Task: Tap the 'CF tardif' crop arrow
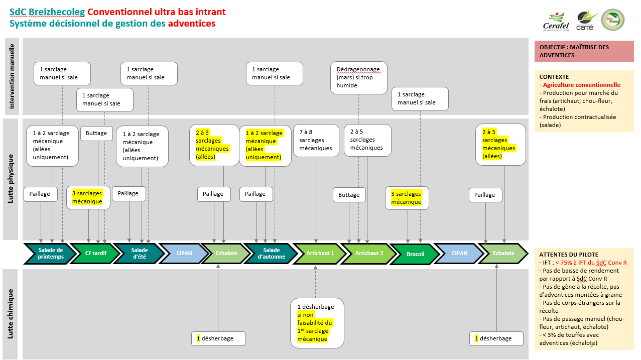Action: pyautogui.click(x=95, y=254)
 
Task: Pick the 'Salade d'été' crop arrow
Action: pyautogui.click(x=139, y=254)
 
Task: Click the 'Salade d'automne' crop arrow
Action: pyautogui.click(x=271, y=254)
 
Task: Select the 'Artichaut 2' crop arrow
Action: pyautogui.click(x=369, y=254)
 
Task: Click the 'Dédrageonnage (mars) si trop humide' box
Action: pyautogui.click(x=358, y=77)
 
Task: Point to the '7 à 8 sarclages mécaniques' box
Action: pyautogui.click(x=316, y=140)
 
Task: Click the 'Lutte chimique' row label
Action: pyautogui.click(x=11, y=313)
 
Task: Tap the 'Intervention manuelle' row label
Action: pyautogui.click(x=12, y=76)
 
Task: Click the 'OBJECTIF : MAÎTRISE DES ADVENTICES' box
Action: pyautogui.click(x=584, y=51)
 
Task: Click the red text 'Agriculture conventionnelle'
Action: pyautogui.click(x=581, y=85)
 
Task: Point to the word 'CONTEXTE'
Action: pyautogui.click(x=554, y=77)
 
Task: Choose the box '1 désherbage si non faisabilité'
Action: pyautogui.click(x=317, y=323)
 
